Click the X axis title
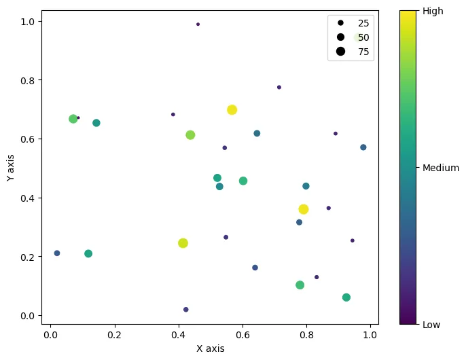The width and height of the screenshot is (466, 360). tap(210, 348)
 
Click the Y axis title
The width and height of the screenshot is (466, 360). tap(10, 166)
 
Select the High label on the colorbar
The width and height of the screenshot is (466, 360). tap(433, 11)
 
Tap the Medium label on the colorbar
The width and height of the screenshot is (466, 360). tap(441, 168)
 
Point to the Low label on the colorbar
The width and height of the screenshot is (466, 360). tap(432, 325)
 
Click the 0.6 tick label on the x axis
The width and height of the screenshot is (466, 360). tap(243, 335)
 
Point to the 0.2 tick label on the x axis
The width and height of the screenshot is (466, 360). tap(114, 335)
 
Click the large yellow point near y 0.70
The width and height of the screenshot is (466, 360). tap(232, 110)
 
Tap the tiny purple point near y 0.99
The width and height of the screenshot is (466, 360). tap(198, 24)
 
